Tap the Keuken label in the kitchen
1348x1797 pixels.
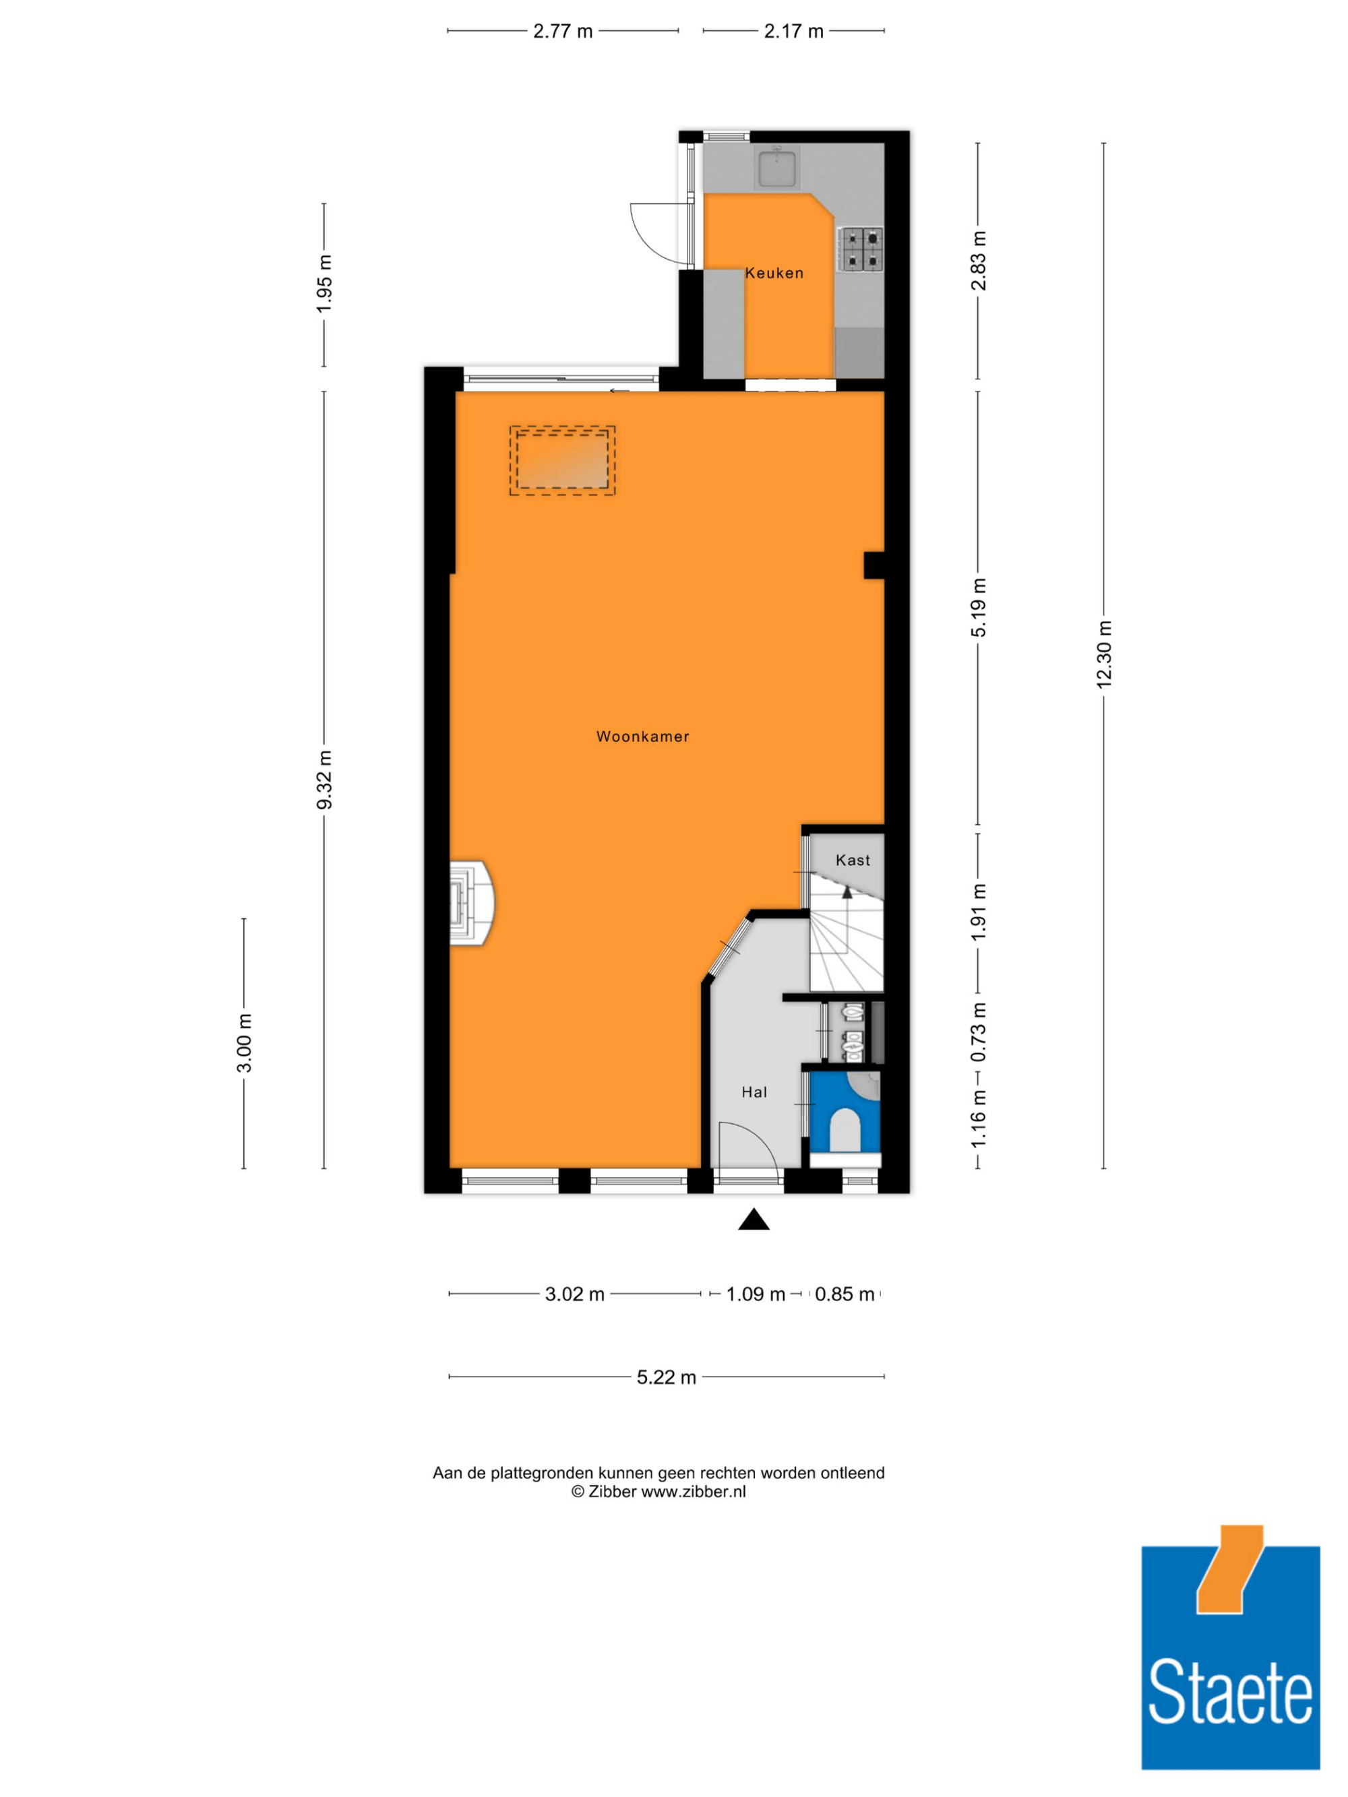(774, 273)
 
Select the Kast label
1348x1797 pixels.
(853, 860)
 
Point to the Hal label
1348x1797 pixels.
(754, 1092)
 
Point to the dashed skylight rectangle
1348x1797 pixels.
(562, 461)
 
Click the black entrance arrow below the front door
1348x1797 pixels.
(754, 1220)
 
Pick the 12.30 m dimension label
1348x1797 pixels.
(1103, 655)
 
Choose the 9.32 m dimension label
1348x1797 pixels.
(324, 780)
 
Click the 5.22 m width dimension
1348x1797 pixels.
(667, 1377)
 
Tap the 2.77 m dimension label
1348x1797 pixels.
(562, 32)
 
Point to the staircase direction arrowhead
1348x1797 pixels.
(847, 891)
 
